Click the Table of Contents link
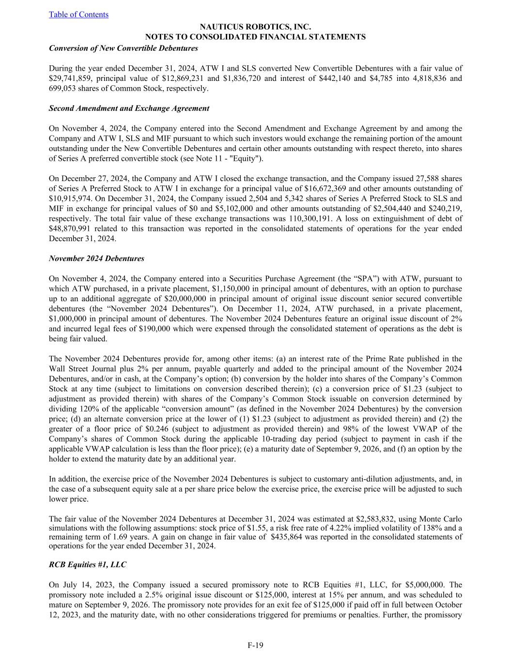coord(78,15)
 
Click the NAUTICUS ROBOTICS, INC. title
coord(255,27)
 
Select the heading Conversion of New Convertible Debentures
coord(124,48)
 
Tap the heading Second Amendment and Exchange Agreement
coord(129,108)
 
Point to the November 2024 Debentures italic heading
coord(96,258)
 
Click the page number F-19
coord(255,645)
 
